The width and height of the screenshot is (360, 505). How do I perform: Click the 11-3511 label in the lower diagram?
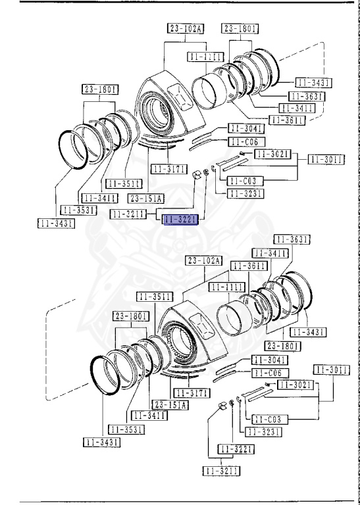pos(155,296)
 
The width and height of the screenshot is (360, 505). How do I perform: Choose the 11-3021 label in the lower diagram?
pos(294,384)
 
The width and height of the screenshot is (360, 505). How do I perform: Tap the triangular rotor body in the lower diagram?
pos(191,339)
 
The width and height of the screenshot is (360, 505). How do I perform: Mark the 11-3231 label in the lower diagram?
pos(263,431)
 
